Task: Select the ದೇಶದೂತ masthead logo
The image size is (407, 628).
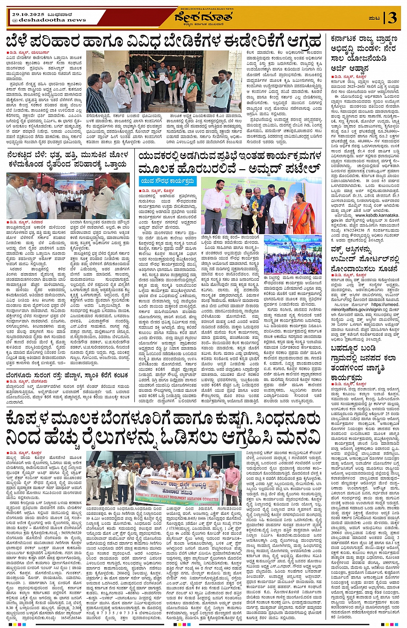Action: coord(203,18)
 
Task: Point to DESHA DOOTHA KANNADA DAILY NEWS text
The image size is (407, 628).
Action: coord(203,8)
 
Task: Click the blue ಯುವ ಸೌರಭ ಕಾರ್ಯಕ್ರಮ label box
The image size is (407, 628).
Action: coord(168,181)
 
